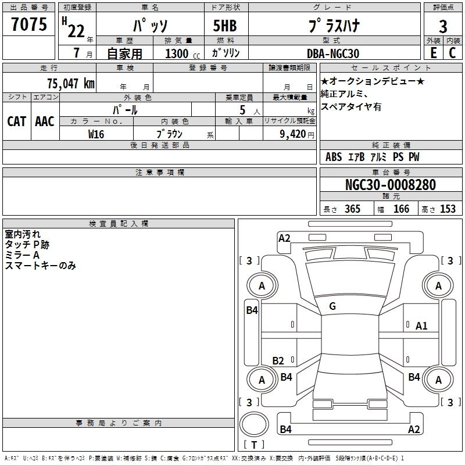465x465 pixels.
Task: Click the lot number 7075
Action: tap(29, 24)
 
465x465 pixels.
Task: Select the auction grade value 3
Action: tap(443, 26)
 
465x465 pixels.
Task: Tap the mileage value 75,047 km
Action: tap(71, 83)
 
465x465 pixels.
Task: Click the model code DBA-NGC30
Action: tap(332, 53)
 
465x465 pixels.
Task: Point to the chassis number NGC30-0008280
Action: tap(391, 184)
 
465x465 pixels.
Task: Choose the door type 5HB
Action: tap(225, 26)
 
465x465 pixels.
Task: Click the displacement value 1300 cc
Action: tap(183, 53)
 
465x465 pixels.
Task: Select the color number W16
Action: tap(96, 134)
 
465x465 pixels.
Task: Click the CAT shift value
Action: tap(17, 121)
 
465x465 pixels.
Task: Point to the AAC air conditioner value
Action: tap(45, 121)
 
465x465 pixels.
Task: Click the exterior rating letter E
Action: tap(433, 53)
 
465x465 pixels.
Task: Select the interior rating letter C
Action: tap(452, 53)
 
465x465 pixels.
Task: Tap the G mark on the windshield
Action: tap(332, 306)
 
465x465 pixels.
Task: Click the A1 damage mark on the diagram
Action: tap(421, 326)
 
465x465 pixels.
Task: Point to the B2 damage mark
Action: tap(278, 360)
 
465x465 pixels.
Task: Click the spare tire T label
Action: tap(254, 445)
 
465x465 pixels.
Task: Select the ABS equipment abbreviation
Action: tap(334, 156)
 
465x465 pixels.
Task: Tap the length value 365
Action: tap(352, 209)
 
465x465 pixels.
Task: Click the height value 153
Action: tap(448, 209)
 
